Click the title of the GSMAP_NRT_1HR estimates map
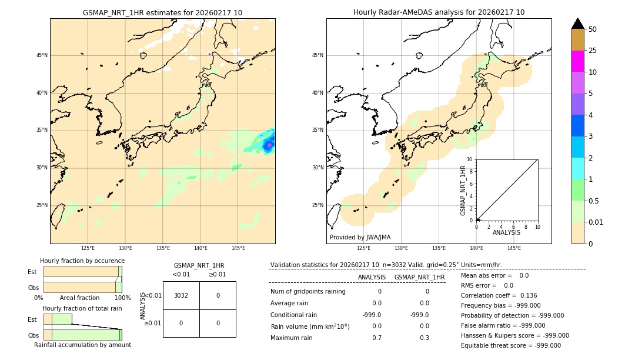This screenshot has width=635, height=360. (x=162, y=12)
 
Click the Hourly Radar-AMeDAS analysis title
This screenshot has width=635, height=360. (x=439, y=12)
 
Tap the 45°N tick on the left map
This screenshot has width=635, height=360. (x=42, y=55)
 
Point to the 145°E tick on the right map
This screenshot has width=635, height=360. (x=514, y=248)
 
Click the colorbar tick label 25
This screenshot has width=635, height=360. (x=593, y=51)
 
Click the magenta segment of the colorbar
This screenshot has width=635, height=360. (x=577, y=61)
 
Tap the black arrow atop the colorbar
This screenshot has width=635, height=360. (x=577, y=24)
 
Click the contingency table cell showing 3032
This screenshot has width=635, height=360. (x=181, y=295)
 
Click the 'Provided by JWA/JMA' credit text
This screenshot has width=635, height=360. (x=360, y=238)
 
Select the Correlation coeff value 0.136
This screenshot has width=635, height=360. (x=525, y=295)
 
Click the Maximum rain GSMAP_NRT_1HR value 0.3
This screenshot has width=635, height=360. (x=424, y=338)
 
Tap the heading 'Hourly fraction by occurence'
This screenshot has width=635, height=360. (x=82, y=261)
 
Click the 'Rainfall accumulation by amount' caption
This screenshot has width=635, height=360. (x=82, y=345)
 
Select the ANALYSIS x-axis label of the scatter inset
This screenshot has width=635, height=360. (x=506, y=232)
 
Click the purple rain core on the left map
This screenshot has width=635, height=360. (x=268, y=144)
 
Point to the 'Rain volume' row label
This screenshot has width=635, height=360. (x=310, y=326)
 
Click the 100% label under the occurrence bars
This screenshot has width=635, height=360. (x=122, y=298)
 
